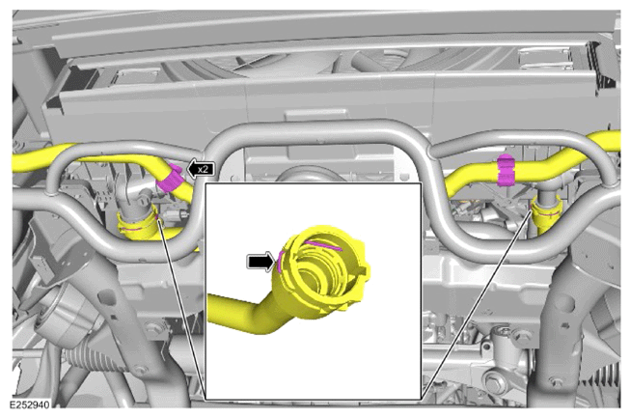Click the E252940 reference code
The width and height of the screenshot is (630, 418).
click(x=30, y=404)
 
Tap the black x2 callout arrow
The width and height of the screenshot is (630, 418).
click(x=201, y=169)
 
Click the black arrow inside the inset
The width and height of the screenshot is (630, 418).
click(x=260, y=262)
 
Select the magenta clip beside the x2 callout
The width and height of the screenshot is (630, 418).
click(x=169, y=178)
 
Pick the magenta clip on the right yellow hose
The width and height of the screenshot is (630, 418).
click(x=506, y=170)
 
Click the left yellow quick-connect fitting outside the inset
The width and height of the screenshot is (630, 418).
click(x=137, y=225)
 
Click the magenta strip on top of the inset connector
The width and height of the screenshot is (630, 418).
click(x=324, y=245)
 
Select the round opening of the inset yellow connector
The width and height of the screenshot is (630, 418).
click(x=314, y=277)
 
